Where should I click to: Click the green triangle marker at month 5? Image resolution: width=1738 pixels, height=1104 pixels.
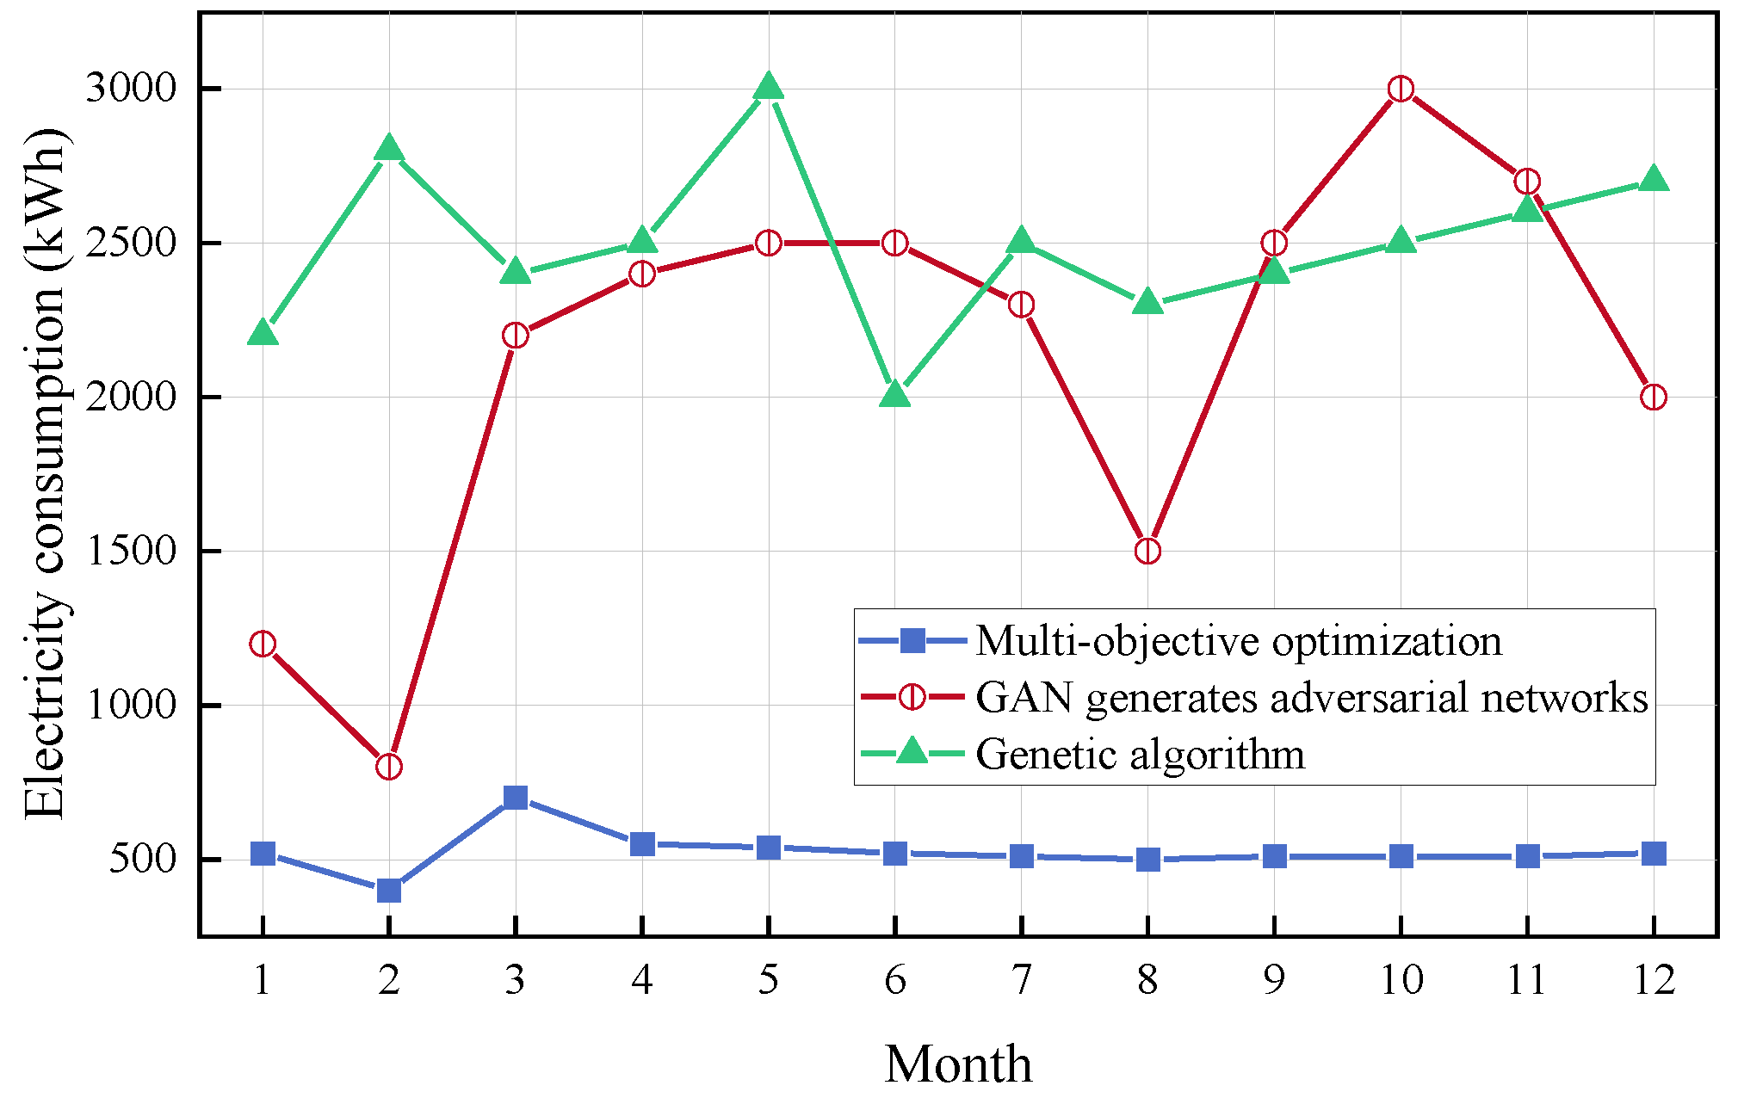(768, 87)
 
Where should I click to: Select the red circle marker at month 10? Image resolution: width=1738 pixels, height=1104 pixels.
(1401, 89)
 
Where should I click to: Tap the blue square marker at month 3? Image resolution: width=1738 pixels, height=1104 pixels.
(515, 798)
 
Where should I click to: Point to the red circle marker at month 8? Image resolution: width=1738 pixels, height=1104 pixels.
(1147, 551)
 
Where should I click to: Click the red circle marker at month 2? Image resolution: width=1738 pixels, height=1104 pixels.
(388, 767)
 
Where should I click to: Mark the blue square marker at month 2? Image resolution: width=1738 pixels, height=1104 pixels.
(388, 890)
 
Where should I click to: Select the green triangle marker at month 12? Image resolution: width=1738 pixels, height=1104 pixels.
(1653, 179)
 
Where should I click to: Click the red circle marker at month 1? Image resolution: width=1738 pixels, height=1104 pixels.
(263, 644)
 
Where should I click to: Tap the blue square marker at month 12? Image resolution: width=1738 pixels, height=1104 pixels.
(1653, 854)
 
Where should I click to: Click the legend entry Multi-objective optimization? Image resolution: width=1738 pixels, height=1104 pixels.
(1238, 641)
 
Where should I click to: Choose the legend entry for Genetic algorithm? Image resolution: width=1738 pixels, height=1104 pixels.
(1140, 755)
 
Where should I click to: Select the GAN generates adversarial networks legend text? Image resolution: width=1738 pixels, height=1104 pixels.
(1311, 698)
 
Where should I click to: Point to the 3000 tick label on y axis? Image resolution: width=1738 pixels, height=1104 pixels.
(131, 89)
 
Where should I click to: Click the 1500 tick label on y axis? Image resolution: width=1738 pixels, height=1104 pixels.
(131, 551)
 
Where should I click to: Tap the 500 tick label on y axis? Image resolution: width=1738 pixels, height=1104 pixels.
(143, 859)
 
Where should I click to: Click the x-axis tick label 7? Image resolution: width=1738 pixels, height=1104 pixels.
(1021, 980)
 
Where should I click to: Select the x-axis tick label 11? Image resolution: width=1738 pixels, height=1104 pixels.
(1526, 980)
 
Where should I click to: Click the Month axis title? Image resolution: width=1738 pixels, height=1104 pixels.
(958, 1064)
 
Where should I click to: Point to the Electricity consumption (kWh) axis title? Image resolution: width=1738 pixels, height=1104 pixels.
(45, 473)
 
